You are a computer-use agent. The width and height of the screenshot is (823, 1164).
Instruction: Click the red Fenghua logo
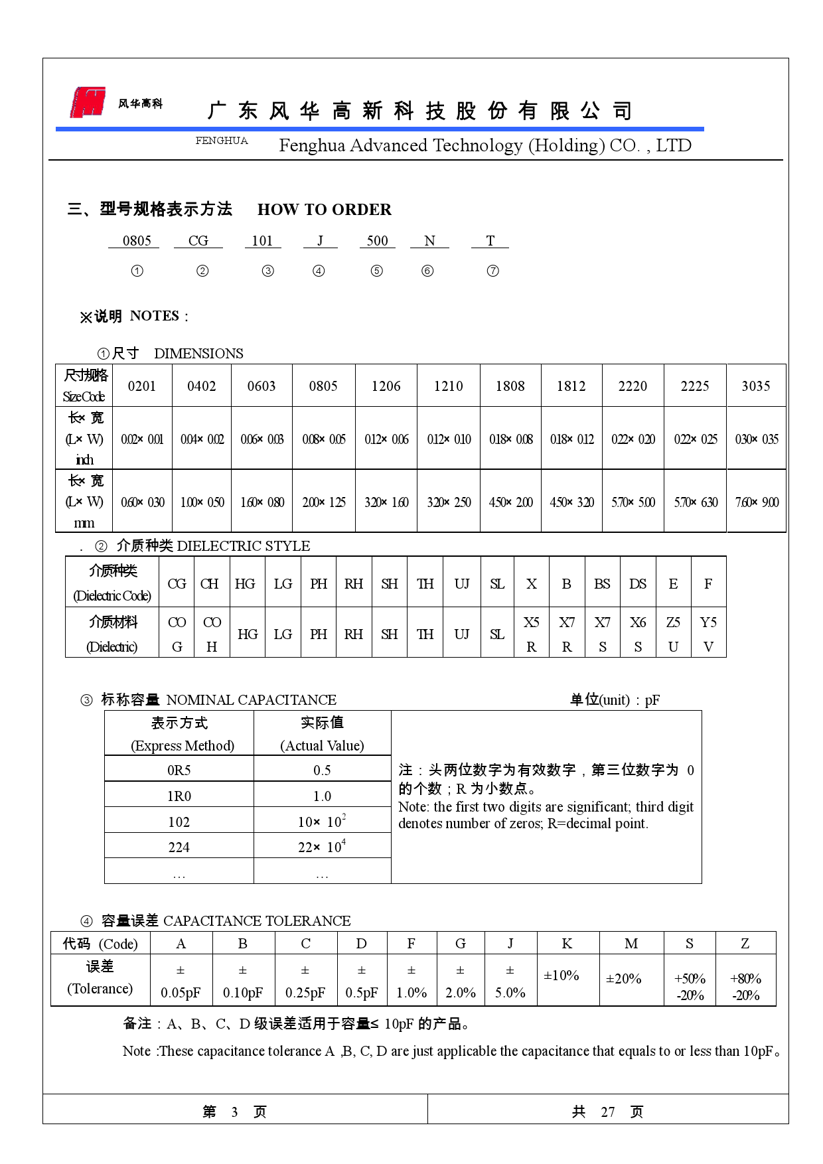click(88, 102)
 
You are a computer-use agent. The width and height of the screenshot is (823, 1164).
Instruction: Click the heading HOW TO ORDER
click(324, 210)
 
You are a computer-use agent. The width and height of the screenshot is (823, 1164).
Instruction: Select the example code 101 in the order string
click(262, 241)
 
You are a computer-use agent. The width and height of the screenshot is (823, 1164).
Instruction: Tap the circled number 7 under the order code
click(492, 271)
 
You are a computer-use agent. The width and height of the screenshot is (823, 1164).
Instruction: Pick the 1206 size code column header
click(386, 386)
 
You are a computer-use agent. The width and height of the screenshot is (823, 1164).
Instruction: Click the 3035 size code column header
click(756, 386)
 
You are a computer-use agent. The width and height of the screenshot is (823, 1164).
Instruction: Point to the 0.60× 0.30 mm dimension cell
click(142, 502)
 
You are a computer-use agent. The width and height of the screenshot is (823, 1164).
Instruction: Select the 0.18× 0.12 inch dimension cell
click(571, 439)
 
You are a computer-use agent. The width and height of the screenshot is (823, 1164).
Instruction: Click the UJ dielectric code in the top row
click(462, 584)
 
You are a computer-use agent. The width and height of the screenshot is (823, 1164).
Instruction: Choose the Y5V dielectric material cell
click(708, 634)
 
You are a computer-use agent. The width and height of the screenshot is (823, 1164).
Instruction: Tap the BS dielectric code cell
click(602, 584)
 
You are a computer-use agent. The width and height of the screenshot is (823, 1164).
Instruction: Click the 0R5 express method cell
click(179, 770)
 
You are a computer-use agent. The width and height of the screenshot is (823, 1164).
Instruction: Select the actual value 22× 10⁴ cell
click(322, 847)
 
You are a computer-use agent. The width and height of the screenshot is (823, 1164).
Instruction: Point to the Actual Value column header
click(322, 734)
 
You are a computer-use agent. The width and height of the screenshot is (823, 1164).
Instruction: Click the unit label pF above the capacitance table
click(652, 700)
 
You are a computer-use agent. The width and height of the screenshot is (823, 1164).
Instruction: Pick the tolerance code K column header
click(567, 944)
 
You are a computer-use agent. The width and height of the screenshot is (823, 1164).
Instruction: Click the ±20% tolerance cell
click(624, 979)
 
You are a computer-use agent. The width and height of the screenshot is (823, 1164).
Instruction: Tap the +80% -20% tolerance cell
click(745, 987)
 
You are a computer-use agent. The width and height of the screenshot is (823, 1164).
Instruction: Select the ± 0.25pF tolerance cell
click(305, 982)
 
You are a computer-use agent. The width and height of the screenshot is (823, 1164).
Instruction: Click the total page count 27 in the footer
click(608, 1112)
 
